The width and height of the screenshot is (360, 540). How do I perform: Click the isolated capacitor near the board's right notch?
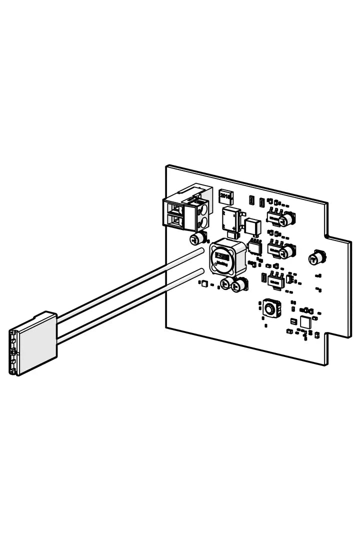click(x=317, y=258)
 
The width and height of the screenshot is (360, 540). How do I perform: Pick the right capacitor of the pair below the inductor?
click(x=240, y=285)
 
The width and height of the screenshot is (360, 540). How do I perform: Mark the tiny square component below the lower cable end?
click(x=203, y=284)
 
